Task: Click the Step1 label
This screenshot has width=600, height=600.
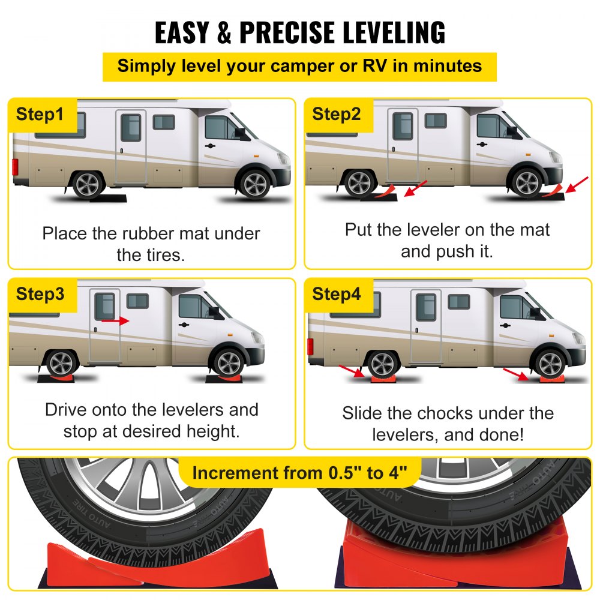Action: [x=40, y=114]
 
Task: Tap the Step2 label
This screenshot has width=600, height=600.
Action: [x=337, y=114]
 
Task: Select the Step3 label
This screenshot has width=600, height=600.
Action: [x=40, y=294]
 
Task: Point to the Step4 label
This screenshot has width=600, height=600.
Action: [x=337, y=294]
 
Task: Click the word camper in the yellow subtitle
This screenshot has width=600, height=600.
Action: [x=289, y=65]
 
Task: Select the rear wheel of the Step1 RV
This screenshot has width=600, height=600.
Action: [x=88, y=183]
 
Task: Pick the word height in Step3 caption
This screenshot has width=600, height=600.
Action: [x=212, y=431]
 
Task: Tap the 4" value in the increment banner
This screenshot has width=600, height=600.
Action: [x=394, y=473]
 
